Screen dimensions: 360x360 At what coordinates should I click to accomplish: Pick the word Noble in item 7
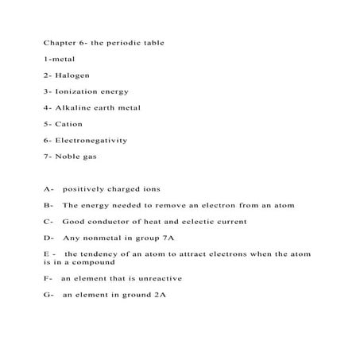(x=69, y=157)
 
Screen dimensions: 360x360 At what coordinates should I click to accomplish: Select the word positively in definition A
(x=84, y=189)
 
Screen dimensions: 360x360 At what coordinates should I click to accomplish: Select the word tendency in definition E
(x=101, y=254)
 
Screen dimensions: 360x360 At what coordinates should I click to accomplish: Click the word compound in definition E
(x=99, y=261)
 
